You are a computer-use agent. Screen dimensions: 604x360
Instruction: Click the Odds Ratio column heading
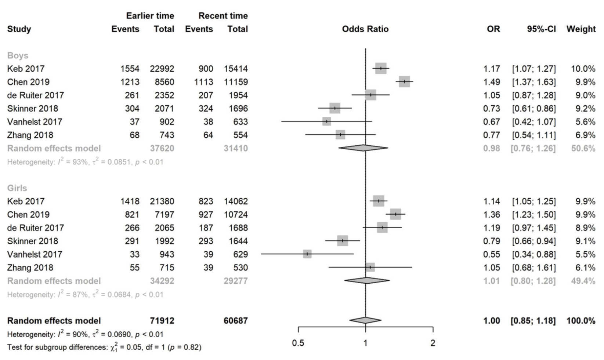click(365, 29)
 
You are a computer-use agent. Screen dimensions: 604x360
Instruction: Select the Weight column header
click(581, 29)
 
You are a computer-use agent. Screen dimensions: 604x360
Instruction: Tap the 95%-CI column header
click(542, 29)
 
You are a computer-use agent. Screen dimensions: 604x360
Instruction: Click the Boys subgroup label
click(18, 55)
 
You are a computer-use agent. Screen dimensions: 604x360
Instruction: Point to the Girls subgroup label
click(17, 188)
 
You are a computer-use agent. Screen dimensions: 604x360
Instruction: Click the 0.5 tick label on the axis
click(298, 343)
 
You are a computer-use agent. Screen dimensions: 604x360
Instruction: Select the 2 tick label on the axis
click(433, 343)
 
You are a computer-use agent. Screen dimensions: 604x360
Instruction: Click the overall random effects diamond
click(365, 320)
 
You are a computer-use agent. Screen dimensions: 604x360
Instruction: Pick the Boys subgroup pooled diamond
click(363, 148)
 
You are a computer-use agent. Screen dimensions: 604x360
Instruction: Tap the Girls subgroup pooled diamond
click(367, 280)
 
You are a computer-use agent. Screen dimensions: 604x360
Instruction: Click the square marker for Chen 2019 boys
click(405, 81)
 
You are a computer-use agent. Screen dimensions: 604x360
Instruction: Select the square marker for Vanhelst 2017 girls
click(307, 254)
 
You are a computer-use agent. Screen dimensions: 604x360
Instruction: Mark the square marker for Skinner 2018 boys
click(335, 108)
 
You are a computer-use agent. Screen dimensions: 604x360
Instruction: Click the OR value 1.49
click(492, 82)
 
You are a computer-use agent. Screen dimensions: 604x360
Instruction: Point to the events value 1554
click(130, 69)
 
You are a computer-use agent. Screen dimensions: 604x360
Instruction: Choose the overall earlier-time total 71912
click(162, 321)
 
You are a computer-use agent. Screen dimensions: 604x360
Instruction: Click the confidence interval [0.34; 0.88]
click(534, 254)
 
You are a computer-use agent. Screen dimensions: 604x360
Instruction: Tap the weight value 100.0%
click(581, 321)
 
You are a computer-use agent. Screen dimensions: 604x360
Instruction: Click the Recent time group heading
click(223, 16)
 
